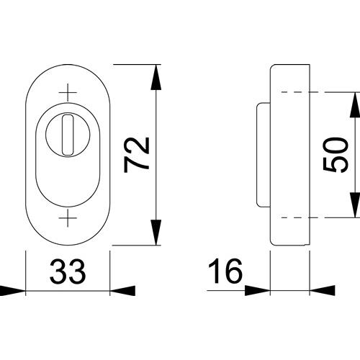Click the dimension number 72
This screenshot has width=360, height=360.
pyautogui.click(x=137, y=155)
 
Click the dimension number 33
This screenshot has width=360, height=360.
pyautogui.click(x=68, y=271)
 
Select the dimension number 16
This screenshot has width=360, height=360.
pyautogui.click(x=225, y=271)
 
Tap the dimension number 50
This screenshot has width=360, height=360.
pyautogui.click(x=336, y=155)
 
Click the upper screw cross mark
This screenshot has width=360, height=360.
pyautogui.click(x=68, y=92)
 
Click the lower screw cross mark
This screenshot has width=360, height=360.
pyautogui.click(x=68, y=218)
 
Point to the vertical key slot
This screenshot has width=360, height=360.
pyautogui.click(x=68, y=135)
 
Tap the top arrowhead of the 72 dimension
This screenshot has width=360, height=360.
pyautogui.click(x=156, y=77)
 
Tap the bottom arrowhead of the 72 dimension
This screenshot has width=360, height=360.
pyautogui.click(x=156, y=233)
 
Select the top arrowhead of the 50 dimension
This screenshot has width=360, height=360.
pyautogui.click(x=355, y=105)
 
